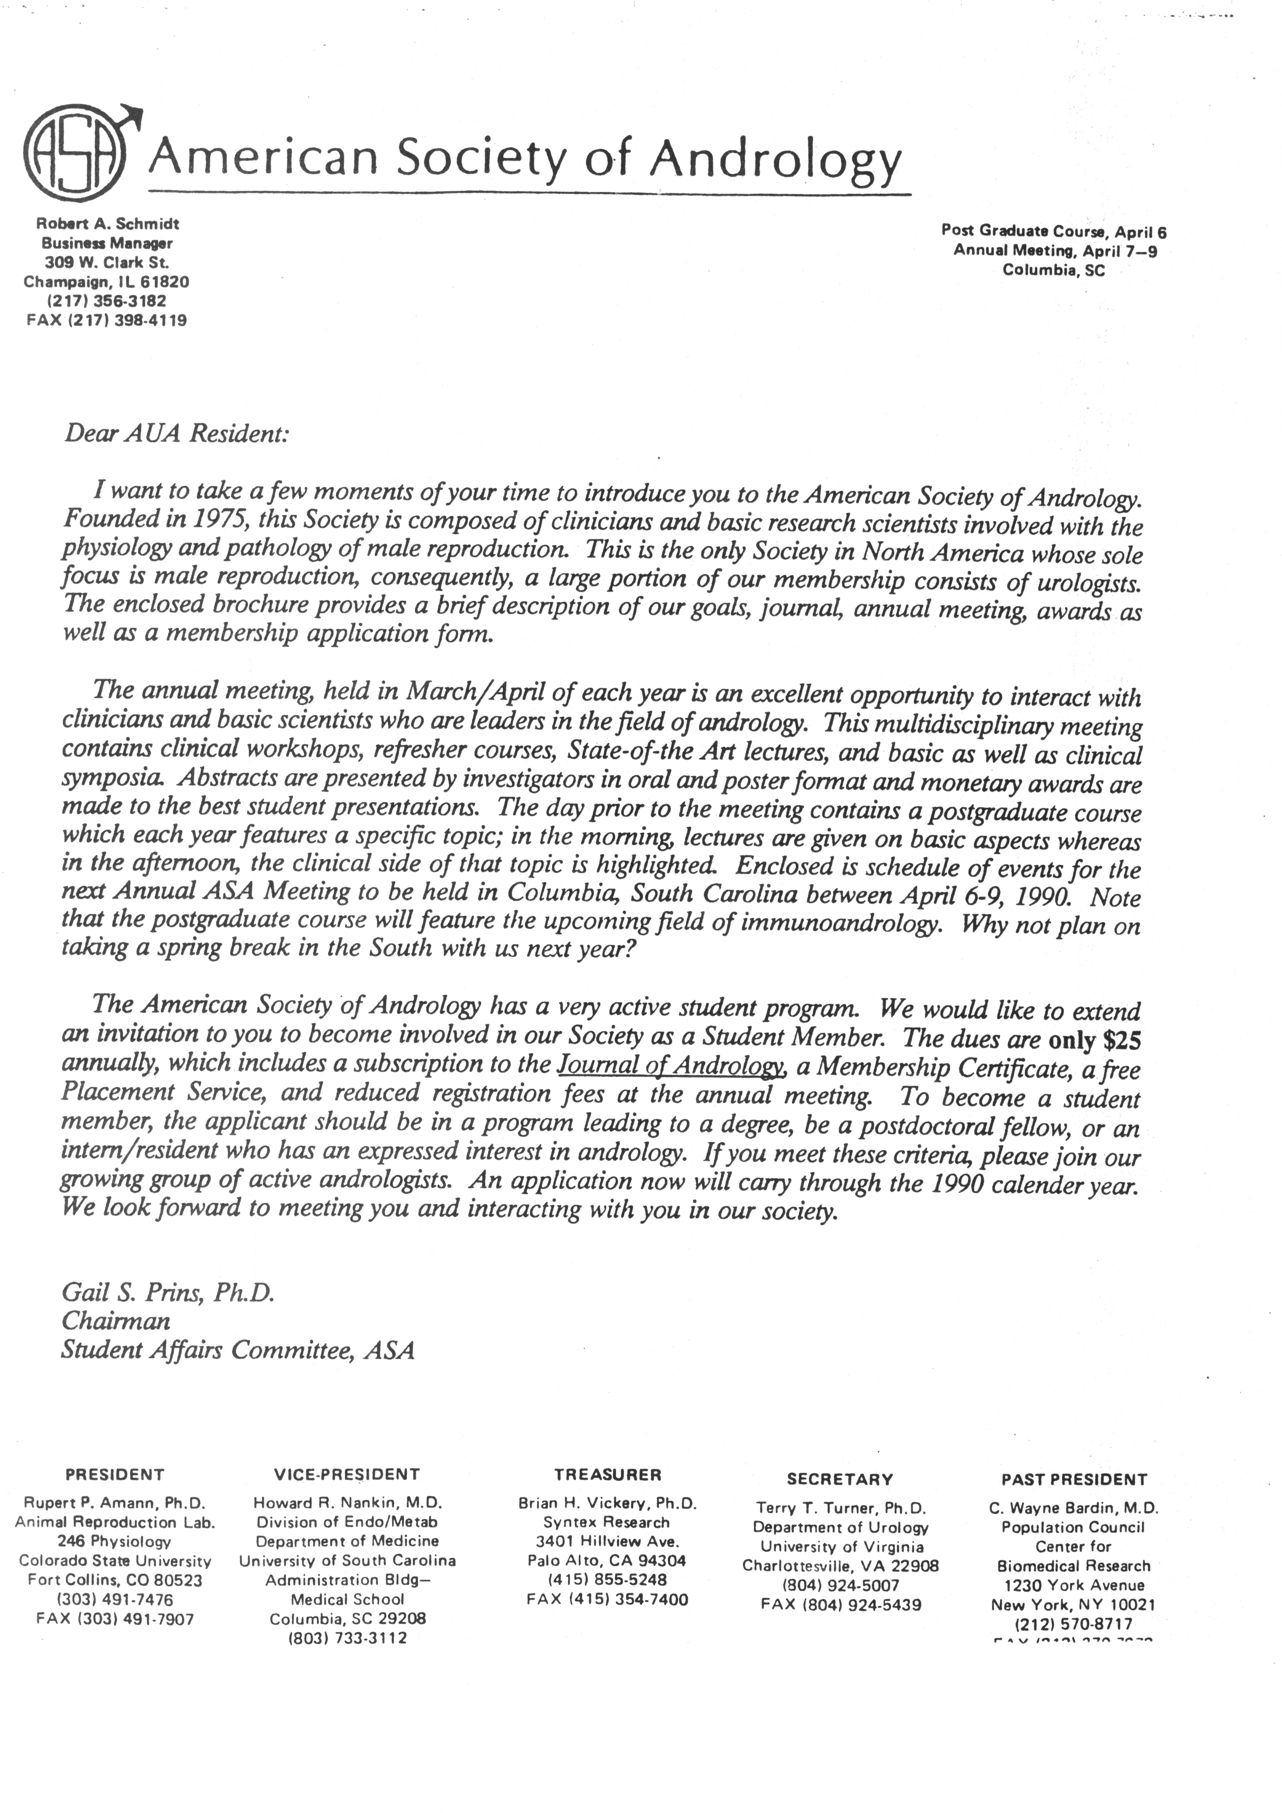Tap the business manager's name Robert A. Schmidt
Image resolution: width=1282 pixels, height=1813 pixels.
coord(108,224)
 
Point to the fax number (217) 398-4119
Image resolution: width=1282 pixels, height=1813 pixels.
coord(128,321)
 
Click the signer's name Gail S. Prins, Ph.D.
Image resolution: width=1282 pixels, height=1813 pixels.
coord(167,1293)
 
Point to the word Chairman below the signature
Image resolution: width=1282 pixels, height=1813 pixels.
coord(115,1321)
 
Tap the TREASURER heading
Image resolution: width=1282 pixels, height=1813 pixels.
coord(608,1474)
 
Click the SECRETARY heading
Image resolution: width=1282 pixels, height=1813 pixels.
coord(840,1479)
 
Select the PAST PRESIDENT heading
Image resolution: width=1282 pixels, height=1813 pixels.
coord(1073,1479)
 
